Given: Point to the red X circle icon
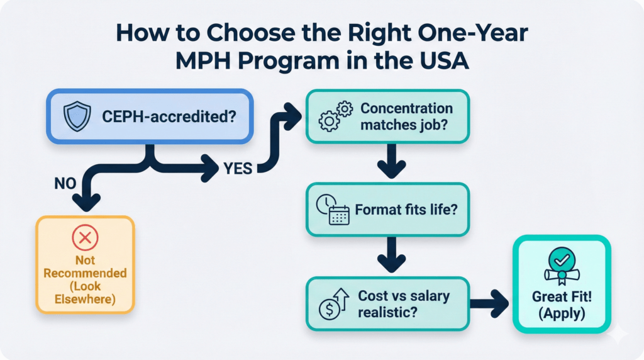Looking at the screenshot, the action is click(85, 238).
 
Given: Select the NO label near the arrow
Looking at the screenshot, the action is click(65, 184).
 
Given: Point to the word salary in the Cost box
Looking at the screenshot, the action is click(431, 296).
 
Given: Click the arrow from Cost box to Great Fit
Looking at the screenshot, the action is click(491, 303).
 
